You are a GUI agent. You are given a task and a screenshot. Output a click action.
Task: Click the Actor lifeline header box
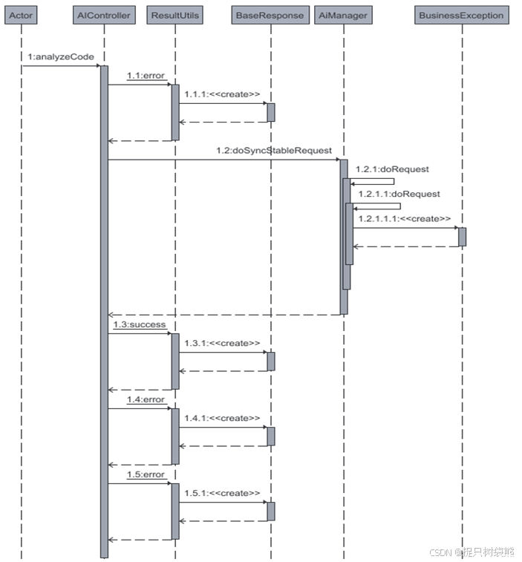21,15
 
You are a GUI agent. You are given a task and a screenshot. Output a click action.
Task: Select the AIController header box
104,15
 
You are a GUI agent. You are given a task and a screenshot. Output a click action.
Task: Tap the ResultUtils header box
175,15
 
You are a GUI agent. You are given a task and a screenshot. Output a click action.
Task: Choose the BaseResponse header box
270,15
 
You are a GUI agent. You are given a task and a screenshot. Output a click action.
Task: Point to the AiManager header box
342,15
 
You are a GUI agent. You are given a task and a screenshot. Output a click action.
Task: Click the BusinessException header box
461,15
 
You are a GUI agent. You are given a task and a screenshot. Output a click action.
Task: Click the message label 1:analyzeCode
61,57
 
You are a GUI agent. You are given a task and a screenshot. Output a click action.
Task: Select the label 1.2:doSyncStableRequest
273,151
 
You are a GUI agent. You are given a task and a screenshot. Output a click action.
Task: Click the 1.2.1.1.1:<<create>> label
404,219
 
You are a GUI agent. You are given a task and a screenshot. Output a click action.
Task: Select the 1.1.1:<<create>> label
222,94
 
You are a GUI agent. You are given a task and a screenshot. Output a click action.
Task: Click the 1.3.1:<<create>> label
222,344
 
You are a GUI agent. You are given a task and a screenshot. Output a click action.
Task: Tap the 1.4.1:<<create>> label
222,419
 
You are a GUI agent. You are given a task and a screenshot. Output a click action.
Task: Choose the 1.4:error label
146,400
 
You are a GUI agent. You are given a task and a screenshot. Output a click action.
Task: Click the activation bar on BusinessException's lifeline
462,236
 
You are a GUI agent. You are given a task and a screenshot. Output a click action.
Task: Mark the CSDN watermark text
471,552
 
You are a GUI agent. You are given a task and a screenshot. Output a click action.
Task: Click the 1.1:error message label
146,76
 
